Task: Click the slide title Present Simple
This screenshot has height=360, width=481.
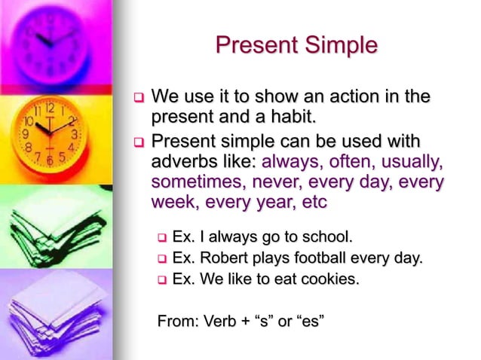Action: pos(296,45)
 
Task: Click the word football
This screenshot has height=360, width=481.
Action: pos(315,259)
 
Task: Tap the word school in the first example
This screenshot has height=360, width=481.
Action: pos(325,238)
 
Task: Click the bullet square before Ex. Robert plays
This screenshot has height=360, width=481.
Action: pos(160,260)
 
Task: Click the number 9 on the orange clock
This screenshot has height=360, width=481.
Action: pos(26,135)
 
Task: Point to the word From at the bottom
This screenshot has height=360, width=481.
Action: pos(174,322)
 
